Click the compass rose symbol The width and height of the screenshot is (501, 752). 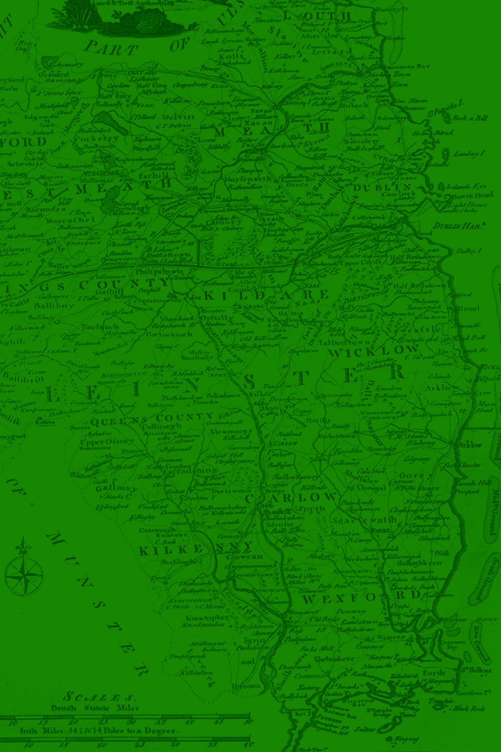click(23, 572)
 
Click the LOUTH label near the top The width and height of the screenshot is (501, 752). click(317, 16)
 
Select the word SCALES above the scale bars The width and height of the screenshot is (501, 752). click(99, 697)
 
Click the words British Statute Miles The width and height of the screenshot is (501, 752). click(94, 708)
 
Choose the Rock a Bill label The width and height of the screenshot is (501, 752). click(470, 118)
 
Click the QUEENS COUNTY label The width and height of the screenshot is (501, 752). click(152, 419)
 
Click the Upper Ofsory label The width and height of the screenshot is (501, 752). click(107, 442)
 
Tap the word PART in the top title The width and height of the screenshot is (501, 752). click(111, 48)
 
